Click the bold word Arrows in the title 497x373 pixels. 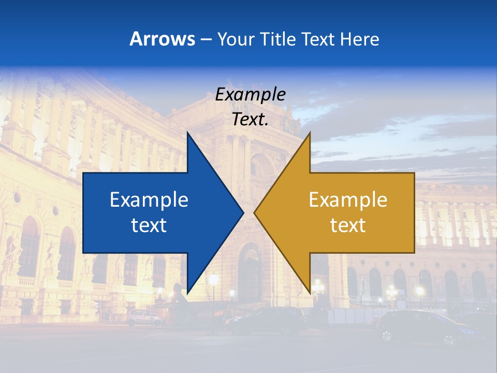(x=162, y=39)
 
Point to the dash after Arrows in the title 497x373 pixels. (x=206, y=40)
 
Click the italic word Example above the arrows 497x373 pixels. (x=250, y=95)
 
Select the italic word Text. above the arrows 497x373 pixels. (x=250, y=120)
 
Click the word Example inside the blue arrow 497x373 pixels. (x=149, y=200)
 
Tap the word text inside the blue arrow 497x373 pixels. (x=149, y=225)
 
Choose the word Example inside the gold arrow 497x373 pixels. (x=348, y=200)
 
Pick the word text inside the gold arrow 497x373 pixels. (x=348, y=225)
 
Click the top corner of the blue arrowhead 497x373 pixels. (x=187, y=133)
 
